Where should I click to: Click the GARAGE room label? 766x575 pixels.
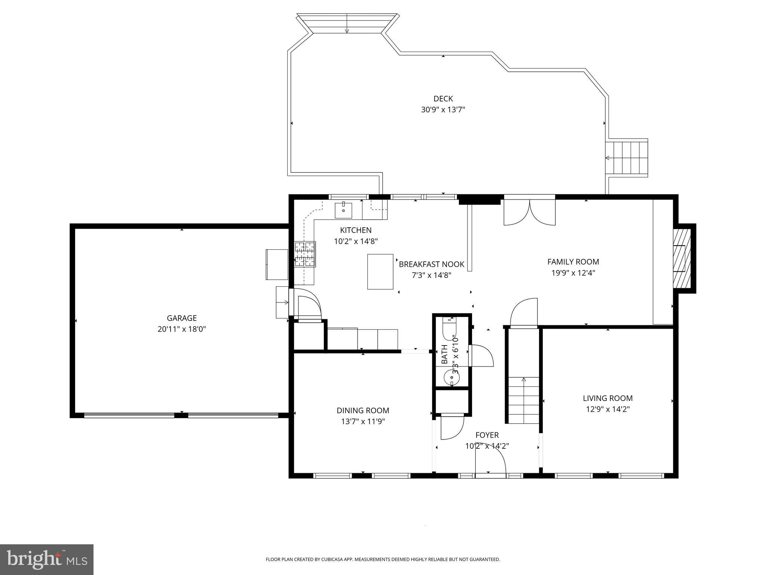coord(181,318)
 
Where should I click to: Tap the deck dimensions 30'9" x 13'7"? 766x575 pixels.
coord(443,110)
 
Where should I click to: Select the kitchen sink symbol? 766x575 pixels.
coord(343,210)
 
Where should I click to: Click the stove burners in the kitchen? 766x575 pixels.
coord(305,254)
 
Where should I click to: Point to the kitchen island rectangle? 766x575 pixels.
coord(380,271)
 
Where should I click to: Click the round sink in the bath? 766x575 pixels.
coord(452,377)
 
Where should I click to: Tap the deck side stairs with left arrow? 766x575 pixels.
coord(626,158)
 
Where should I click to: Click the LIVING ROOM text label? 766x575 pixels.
coord(607,398)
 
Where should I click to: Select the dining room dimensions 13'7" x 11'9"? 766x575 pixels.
coord(363,422)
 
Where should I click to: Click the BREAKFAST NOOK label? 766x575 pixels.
coord(431,264)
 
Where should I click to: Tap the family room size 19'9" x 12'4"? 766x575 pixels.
coord(573,273)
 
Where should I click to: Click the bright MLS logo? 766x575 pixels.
coord(46,559)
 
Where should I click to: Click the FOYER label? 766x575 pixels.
coord(487,435)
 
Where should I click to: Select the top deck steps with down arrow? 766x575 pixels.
coord(347,23)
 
